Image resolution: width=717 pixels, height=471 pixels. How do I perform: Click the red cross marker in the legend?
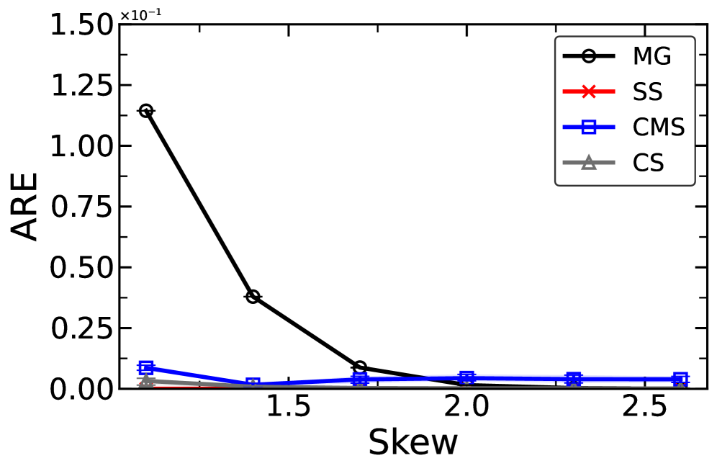[x=588, y=92]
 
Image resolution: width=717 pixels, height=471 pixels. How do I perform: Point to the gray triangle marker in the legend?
[x=588, y=163]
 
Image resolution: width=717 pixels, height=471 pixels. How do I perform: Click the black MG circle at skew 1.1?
[x=146, y=111]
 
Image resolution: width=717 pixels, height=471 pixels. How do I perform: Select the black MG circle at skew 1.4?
[x=253, y=297]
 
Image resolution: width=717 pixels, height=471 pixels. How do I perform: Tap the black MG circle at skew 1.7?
[x=360, y=367]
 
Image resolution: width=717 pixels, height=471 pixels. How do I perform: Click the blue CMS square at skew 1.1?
[x=146, y=367]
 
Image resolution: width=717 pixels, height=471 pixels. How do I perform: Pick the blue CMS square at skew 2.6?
[x=680, y=379]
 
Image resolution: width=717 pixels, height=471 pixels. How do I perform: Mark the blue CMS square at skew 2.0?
[x=466, y=377]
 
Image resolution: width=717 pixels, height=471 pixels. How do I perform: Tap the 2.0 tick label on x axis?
[x=466, y=408]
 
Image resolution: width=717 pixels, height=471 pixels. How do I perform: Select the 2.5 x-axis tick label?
[x=644, y=408]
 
